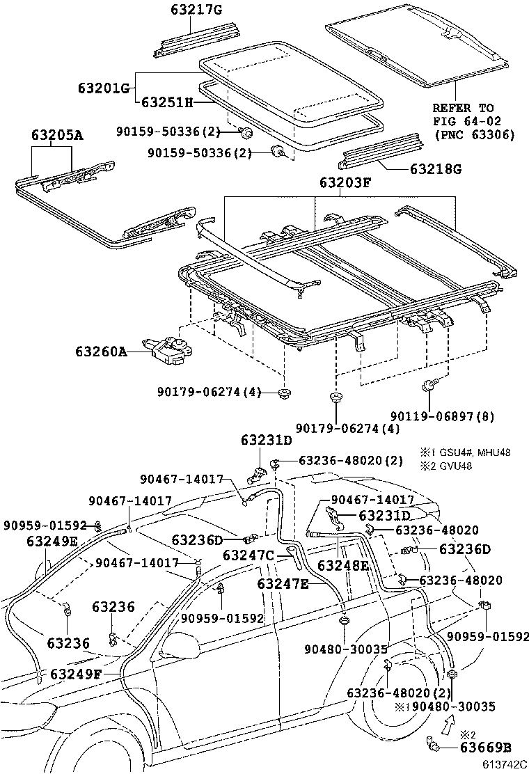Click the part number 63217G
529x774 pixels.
pos(196,9)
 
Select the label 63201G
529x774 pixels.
pos(104,88)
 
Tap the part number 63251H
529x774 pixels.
pos(167,102)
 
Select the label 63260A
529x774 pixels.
pos(101,352)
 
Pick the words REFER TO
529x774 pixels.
pos(463,109)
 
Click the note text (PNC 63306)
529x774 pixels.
pos(474,135)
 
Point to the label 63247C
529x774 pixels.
pos(248,555)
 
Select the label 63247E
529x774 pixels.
pos(283,583)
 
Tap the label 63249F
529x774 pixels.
pos(76,674)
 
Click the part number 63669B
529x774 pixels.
pos(486,748)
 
